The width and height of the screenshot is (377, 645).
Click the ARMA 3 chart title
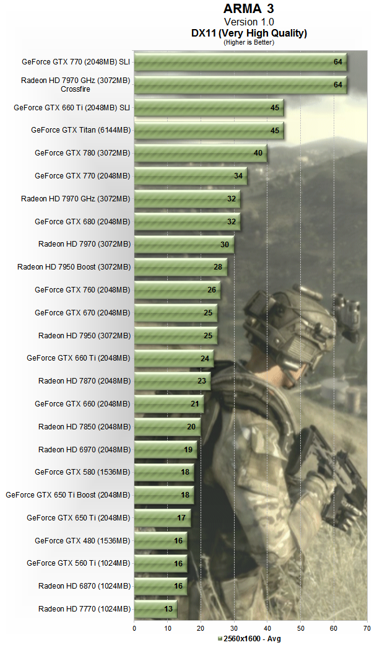pyautogui.click(x=248, y=9)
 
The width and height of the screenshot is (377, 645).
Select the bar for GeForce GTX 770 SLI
pyautogui.click(x=240, y=62)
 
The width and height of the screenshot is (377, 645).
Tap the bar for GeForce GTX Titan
pyautogui.click(x=209, y=130)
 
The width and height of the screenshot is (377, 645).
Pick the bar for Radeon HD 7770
pyautogui.click(x=155, y=609)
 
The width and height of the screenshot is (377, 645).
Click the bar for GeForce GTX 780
pyautogui.click(x=201, y=153)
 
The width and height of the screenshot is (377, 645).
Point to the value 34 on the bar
pyautogui.click(x=238, y=176)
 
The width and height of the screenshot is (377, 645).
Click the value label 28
pyautogui.click(x=218, y=267)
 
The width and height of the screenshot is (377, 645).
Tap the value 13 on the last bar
pyautogui.click(x=168, y=609)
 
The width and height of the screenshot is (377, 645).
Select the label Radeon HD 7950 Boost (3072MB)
pyautogui.click(x=74, y=267)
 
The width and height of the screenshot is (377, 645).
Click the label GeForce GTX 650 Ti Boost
pyautogui.click(x=68, y=495)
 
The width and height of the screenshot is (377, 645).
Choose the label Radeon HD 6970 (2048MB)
pyautogui.click(x=84, y=449)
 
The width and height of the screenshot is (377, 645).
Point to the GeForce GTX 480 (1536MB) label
pyautogui.click(x=82, y=541)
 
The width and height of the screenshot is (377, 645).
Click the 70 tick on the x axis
pyautogui.click(x=366, y=628)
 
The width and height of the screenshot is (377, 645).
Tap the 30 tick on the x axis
pyautogui.click(x=234, y=628)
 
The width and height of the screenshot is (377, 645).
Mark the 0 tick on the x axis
pyautogui.click(x=134, y=628)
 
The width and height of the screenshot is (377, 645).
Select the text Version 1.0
pyautogui.click(x=248, y=22)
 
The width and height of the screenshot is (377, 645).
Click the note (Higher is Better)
pyautogui.click(x=248, y=42)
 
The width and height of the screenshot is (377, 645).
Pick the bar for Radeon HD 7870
pyautogui.click(x=172, y=381)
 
